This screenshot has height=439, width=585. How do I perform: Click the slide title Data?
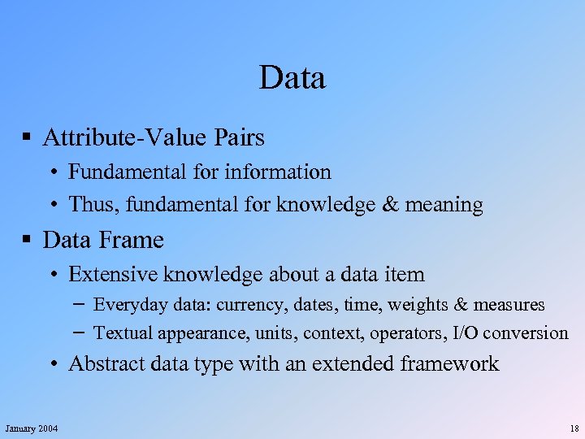pos(292,78)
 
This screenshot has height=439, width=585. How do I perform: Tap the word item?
pos(404,275)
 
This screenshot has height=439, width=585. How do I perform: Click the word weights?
pos(417,306)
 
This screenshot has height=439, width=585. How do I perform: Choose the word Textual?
pos(123,333)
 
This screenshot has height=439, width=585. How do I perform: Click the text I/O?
pos(465,333)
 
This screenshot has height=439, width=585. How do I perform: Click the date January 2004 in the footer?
pos(31,428)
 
